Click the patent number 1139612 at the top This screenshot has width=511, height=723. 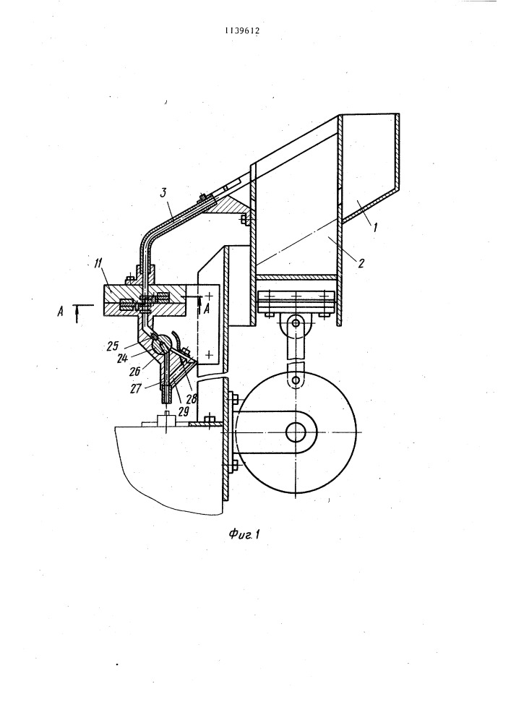(242, 31)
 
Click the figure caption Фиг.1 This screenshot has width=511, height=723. (244, 534)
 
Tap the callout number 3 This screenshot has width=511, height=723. (163, 193)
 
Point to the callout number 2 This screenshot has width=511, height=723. (361, 263)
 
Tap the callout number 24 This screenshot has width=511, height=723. (122, 357)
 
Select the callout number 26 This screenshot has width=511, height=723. (134, 370)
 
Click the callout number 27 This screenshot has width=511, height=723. (135, 389)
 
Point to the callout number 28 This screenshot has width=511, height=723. (192, 398)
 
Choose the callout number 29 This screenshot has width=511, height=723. (183, 411)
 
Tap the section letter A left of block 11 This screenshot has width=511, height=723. (60, 312)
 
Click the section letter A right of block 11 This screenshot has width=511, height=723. (207, 309)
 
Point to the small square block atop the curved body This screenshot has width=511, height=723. (166, 420)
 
